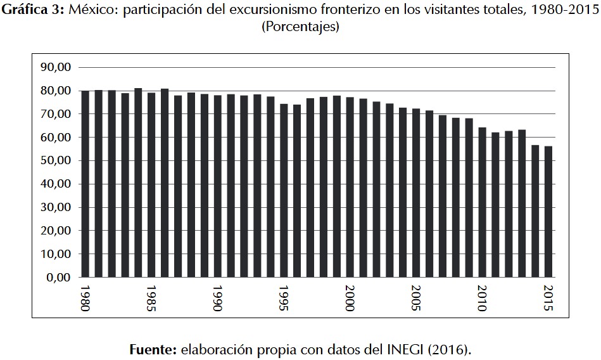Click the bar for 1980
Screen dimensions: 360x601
(85, 184)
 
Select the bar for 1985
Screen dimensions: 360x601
(151, 184)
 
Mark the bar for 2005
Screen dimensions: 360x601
(416, 193)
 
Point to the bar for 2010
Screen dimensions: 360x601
(482, 202)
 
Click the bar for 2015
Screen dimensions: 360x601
(548, 212)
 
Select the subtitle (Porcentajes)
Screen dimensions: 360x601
(300, 27)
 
